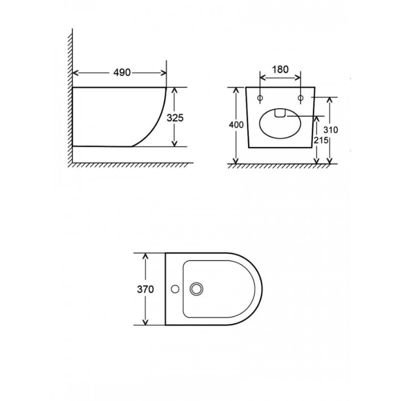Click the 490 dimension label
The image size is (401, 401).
point(122,73)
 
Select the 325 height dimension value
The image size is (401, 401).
point(175,118)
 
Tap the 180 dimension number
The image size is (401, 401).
point(280,69)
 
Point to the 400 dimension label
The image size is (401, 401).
point(236,125)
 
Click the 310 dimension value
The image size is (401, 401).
point(331,130)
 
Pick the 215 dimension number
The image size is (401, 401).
point(321,140)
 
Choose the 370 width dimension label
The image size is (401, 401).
point(145,289)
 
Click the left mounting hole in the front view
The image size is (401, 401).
point(260,98)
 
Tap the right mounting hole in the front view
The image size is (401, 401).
point(300,98)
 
